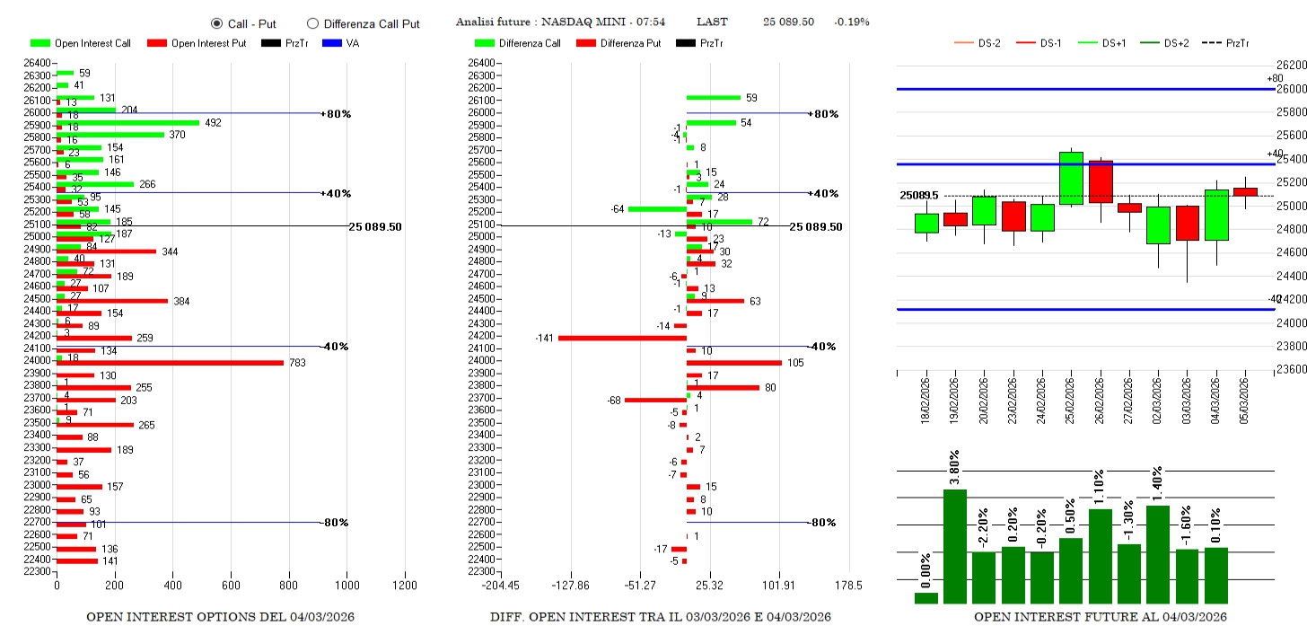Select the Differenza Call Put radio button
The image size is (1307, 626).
tap(312, 23)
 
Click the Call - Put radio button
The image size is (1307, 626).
tap(216, 23)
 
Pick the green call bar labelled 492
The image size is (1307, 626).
tap(127, 123)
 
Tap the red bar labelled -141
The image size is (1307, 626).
tap(622, 338)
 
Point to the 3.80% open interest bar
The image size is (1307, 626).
tap(955, 546)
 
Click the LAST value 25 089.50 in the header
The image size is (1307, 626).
tap(788, 22)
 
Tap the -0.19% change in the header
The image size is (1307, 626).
tap(851, 22)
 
